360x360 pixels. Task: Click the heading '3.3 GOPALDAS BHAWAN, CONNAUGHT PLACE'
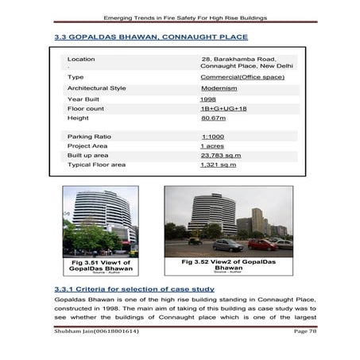click(x=150, y=37)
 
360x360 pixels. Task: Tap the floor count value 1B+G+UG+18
click(x=223, y=108)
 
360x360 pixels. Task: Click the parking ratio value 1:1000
click(x=212, y=137)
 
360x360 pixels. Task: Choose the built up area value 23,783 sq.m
click(x=221, y=156)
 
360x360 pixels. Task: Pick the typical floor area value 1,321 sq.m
click(x=221, y=165)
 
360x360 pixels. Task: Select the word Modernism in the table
click(x=220, y=88)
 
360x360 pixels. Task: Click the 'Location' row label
click(x=81, y=59)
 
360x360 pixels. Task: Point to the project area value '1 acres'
click(x=211, y=146)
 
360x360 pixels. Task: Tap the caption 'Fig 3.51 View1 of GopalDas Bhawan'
click(x=100, y=266)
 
